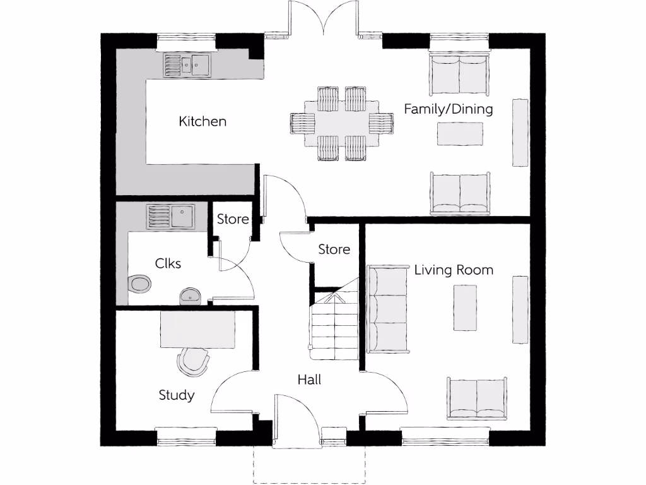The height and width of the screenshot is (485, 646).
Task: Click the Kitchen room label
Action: pos(202,121)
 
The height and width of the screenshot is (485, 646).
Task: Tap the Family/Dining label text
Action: pos(448,109)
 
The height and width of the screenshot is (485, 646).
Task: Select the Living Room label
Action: pos(453,270)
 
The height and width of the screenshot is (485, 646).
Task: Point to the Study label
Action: pos(176,395)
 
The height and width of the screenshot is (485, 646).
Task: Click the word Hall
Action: pos(309,380)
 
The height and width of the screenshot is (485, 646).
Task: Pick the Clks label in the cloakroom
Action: pos(168,263)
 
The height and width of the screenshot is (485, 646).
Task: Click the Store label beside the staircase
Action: pos(334,249)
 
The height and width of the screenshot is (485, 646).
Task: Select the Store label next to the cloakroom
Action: pos(233,219)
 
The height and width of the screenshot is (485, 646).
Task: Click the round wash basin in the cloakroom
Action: pos(190,295)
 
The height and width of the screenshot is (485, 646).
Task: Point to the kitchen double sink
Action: pos(188,64)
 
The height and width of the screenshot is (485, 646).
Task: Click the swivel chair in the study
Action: pos(193,361)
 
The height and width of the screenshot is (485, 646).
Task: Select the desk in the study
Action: pos(198,329)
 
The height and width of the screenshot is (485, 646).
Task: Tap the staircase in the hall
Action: pos(333,322)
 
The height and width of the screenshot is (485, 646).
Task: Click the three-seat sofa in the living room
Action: pos(387,309)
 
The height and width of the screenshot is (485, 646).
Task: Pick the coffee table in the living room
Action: pos(465,308)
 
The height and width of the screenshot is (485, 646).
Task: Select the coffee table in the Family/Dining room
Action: pos(460,133)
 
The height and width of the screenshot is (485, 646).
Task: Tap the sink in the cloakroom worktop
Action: pos(170,217)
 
